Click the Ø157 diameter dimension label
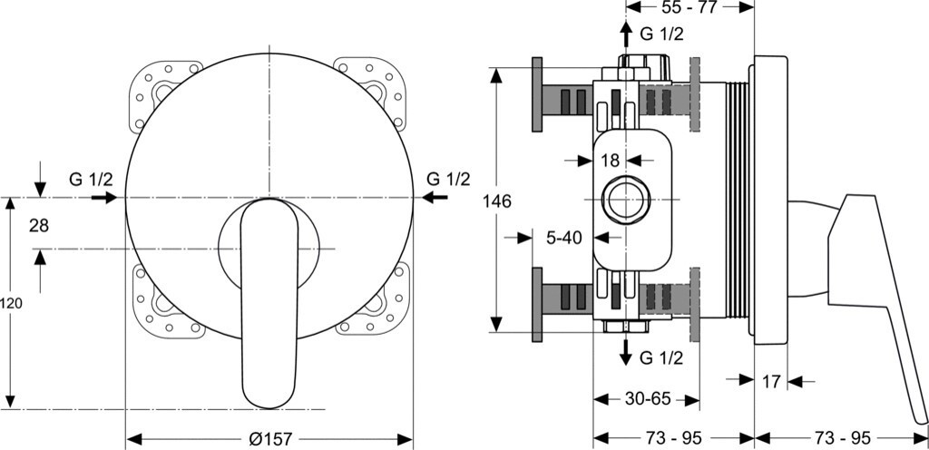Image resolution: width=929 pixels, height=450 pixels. point(270,439)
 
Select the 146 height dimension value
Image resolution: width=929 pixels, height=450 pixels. point(496,201)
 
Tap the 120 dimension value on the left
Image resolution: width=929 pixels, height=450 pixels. point(11,304)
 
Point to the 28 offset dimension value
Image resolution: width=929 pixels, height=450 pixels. point(39,226)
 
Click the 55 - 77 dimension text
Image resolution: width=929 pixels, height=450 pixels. point(689,7)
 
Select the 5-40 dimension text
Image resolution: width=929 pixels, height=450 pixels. point(564,238)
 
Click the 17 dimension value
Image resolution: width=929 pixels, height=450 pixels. point(771,382)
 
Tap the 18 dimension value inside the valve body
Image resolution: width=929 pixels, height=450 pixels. point(610,160)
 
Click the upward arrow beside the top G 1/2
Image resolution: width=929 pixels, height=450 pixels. point(625,35)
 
